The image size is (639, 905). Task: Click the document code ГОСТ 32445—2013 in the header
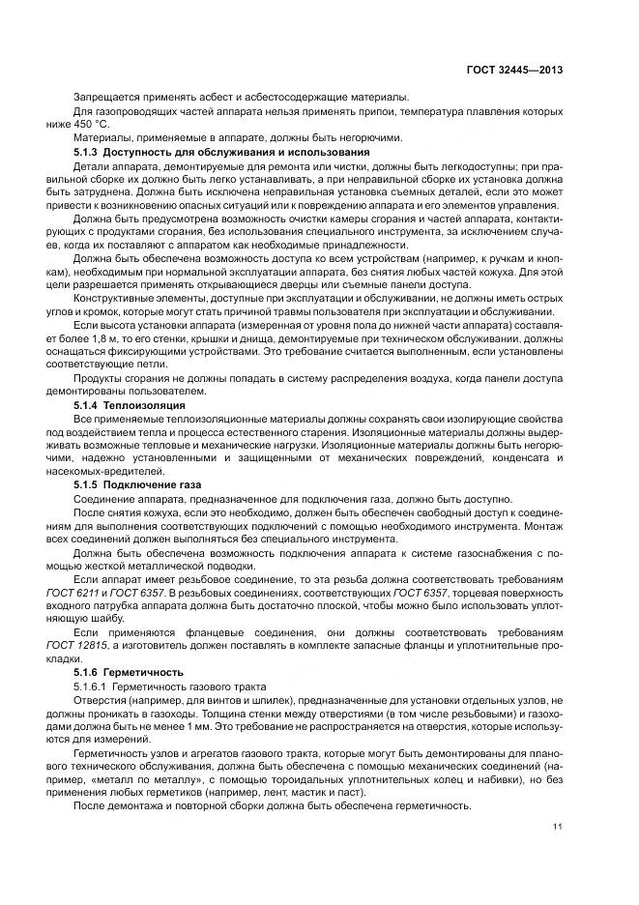tap(515, 70)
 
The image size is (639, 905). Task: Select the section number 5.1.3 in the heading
tap(89, 153)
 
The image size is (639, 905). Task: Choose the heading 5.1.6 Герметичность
tap(129, 671)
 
